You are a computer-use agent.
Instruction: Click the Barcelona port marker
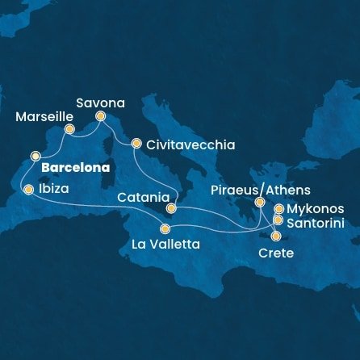coord(36,155)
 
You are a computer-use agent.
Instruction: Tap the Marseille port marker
coord(69,129)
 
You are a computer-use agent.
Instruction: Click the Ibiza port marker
coord(29,190)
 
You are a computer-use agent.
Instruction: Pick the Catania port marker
coord(171,207)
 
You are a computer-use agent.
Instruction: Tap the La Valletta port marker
coord(165,228)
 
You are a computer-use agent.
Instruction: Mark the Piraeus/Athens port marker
coord(259,203)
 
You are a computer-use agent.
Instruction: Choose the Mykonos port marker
coord(279,209)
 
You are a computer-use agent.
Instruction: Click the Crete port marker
coord(277,237)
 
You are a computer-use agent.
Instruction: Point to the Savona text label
coord(101,103)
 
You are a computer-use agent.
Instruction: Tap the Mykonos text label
coord(316,208)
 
